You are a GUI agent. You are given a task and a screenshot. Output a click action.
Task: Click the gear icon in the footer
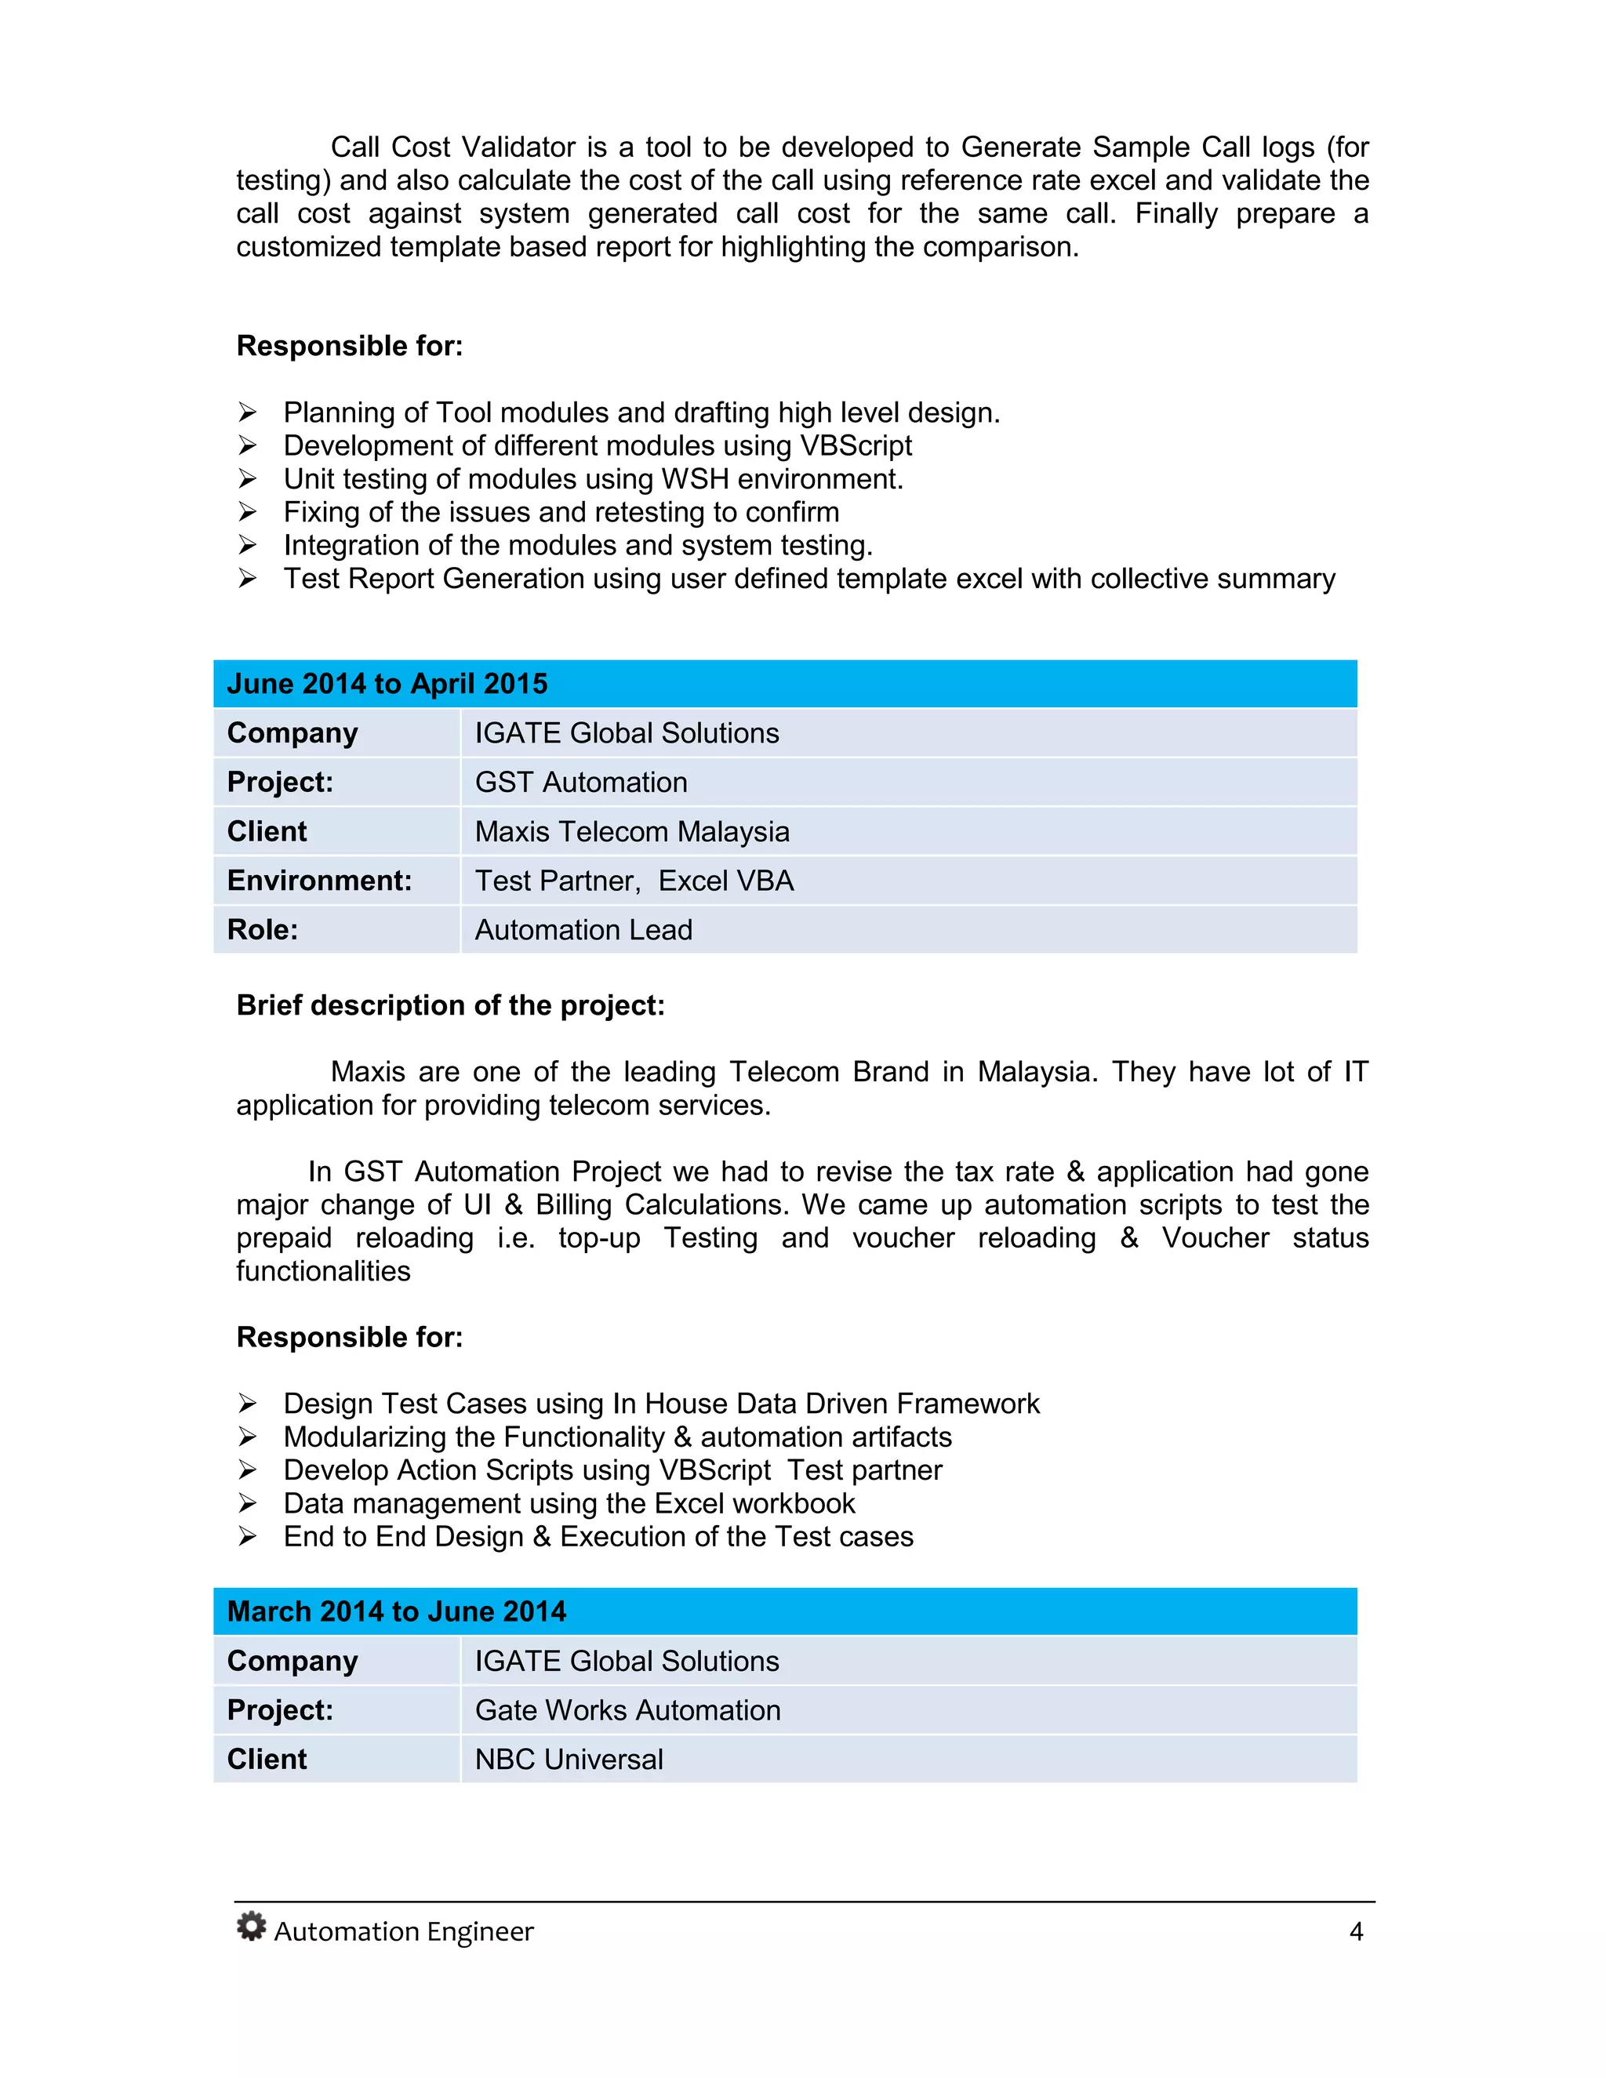[x=251, y=1926]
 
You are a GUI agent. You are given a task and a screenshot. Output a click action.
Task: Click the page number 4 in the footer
[x=1356, y=1931]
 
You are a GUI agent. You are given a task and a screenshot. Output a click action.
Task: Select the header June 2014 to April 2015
[x=387, y=684]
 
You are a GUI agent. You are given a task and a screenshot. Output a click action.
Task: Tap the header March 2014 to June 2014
[x=396, y=1611]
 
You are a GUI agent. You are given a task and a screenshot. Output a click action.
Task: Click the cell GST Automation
[x=580, y=782]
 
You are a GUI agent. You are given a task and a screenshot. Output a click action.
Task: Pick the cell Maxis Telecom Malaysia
[x=632, y=831]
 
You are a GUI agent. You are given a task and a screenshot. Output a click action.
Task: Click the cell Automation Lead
[x=583, y=929]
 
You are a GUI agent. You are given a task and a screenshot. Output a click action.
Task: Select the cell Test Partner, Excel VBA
[x=634, y=881]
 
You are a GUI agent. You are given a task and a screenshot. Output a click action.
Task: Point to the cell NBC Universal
[x=569, y=1760]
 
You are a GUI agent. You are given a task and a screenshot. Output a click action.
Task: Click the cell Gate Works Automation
[x=627, y=1709]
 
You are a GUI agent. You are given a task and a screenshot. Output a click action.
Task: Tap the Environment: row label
[x=318, y=881]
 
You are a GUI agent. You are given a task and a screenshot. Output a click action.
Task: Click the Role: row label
[x=263, y=929]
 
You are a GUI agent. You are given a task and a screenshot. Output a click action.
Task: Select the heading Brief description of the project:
[x=450, y=1006]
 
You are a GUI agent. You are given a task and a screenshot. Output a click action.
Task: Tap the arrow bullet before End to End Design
[x=247, y=1537]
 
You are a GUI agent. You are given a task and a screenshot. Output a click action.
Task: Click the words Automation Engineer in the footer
[x=403, y=1931]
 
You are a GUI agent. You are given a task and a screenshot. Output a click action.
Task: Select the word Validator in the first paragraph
[x=518, y=147]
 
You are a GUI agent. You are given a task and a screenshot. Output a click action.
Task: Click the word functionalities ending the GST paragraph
[x=324, y=1271]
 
